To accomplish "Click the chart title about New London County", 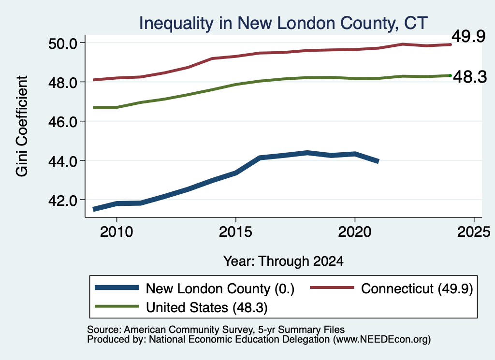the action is (x=283, y=23).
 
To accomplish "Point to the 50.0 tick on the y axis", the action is (x=62, y=43).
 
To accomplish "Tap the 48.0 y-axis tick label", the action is (x=62, y=83).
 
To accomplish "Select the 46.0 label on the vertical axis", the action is (x=62, y=122).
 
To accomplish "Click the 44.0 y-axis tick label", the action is (x=62, y=161).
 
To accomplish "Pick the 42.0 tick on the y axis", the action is (x=62, y=201).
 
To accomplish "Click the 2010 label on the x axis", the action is (x=116, y=232).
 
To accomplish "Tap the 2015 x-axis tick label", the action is (x=235, y=232).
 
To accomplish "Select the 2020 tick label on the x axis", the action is (x=355, y=232).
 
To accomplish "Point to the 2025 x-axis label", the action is (x=474, y=232).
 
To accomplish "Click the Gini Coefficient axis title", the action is (x=22, y=126).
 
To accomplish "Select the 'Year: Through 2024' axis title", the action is (x=283, y=261).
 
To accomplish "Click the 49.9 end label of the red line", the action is (x=468, y=36).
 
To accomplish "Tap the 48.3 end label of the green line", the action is (x=470, y=77).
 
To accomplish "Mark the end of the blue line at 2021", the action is (x=378, y=161).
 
